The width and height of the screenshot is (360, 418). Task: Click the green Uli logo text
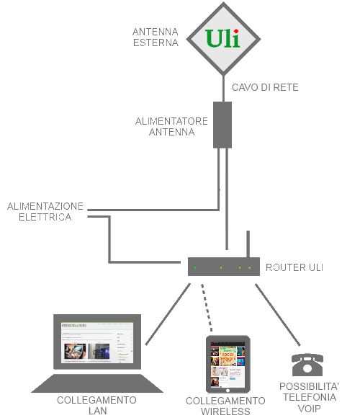(x=222, y=37)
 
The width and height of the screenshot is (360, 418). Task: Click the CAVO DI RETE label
(x=265, y=87)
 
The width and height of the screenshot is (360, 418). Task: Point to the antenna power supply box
(x=223, y=124)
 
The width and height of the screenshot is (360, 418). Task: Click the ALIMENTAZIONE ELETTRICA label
(x=45, y=211)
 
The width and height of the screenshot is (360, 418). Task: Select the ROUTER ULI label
(x=294, y=267)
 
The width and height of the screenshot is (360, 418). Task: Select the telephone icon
(x=305, y=363)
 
